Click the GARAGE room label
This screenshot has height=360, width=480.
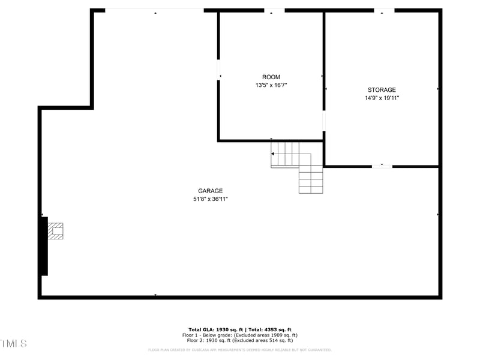click(211, 191)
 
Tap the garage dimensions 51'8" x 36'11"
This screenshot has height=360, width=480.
click(206, 199)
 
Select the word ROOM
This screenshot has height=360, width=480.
click(271, 77)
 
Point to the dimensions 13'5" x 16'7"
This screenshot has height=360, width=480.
click(271, 85)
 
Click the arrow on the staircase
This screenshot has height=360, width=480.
click(274, 154)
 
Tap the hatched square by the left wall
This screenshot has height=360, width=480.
click(55, 231)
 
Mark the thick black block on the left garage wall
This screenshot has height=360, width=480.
click(43, 246)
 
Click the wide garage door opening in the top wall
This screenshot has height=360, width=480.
click(155, 10)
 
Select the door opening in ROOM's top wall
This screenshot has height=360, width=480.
click(274, 10)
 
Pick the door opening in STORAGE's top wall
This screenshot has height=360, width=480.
click(384, 10)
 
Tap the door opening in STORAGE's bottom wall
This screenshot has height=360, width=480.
click(382, 166)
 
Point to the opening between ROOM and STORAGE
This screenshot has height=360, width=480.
click(324, 120)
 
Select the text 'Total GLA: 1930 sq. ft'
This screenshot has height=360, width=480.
click(216, 330)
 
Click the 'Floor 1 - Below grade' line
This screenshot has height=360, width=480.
click(240, 335)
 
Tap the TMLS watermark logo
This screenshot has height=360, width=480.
click(13, 343)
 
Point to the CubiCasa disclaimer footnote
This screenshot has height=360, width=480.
click(240, 350)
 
